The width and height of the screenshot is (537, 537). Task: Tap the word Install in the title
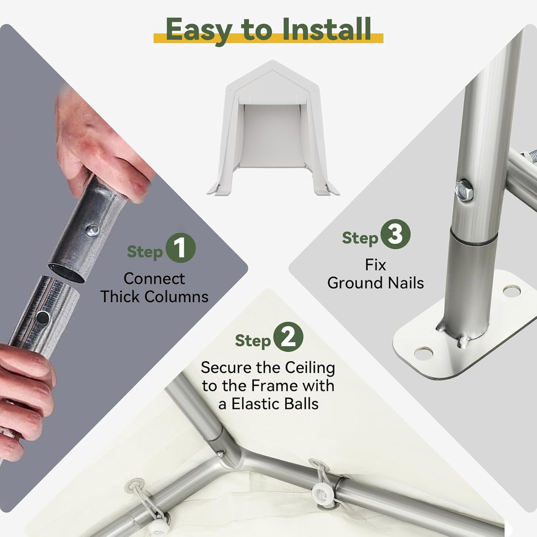pos(327,29)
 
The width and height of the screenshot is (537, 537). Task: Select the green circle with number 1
pos(180,248)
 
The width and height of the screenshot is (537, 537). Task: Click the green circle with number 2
pos(288,337)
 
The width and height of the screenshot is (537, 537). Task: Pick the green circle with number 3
pos(395,234)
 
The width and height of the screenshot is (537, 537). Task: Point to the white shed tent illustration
pos(273,128)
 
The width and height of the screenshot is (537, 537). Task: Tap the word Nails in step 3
pos(406,283)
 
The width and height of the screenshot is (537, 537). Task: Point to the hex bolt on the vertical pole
pos(464,190)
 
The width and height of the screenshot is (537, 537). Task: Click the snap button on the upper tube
pos(92,230)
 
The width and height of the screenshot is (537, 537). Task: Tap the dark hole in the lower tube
pos(42,318)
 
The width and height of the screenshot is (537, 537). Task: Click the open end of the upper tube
pos(66,273)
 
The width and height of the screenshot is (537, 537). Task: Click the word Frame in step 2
pos(279,386)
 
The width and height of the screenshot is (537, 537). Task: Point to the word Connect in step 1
pos(154,279)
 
